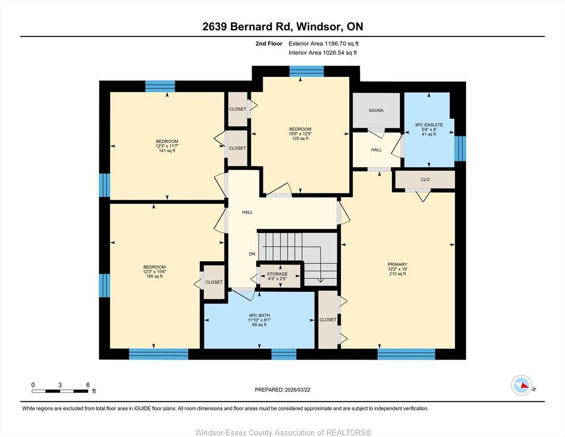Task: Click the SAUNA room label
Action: click(x=376, y=110)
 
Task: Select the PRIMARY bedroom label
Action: click(x=397, y=265)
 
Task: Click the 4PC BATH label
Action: click(x=258, y=315)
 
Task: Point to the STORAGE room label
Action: click(x=277, y=274)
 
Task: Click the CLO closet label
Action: click(x=425, y=180)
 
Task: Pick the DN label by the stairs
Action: click(x=251, y=254)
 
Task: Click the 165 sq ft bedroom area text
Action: click(x=154, y=277)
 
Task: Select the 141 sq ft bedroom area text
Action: click(x=167, y=151)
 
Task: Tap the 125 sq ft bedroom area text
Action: click(x=300, y=138)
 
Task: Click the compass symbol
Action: click(x=521, y=386)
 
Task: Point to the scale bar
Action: click(x=60, y=390)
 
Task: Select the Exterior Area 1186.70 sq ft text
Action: click(x=324, y=43)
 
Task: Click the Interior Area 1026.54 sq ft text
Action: click(x=323, y=53)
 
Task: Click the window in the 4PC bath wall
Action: click(x=283, y=354)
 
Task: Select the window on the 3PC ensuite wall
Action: click(x=460, y=148)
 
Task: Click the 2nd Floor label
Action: click(x=269, y=43)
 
